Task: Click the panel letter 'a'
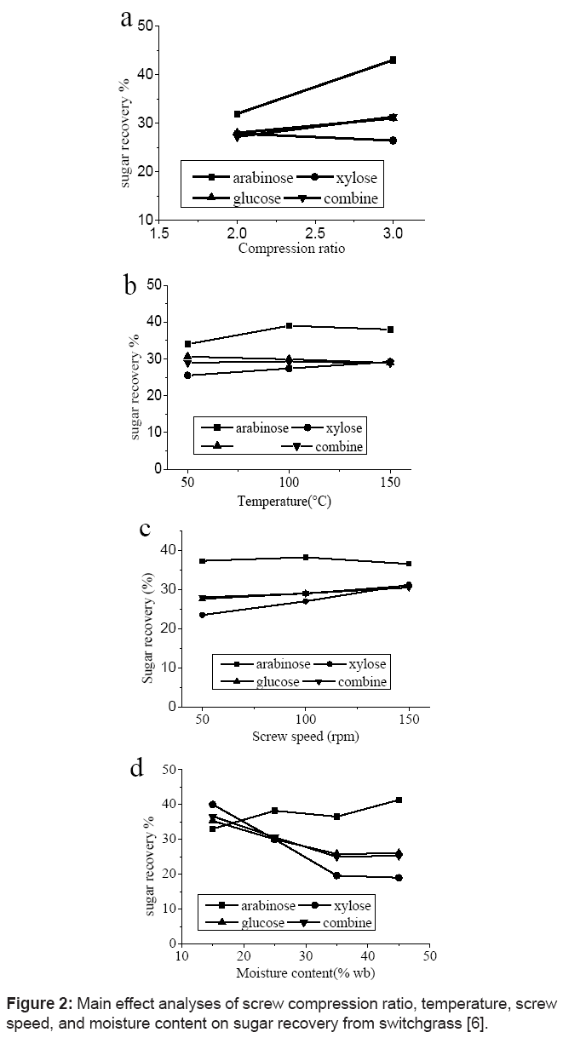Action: [126, 19]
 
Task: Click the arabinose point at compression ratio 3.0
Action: [393, 60]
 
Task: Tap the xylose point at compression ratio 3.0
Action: [393, 141]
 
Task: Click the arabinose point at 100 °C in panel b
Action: [290, 325]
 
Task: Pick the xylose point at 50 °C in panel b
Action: [187, 375]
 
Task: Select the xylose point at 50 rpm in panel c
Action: [202, 615]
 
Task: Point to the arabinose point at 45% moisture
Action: [399, 800]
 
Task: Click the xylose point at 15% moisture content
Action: [212, 804]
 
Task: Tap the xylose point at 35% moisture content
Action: [336, 875]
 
